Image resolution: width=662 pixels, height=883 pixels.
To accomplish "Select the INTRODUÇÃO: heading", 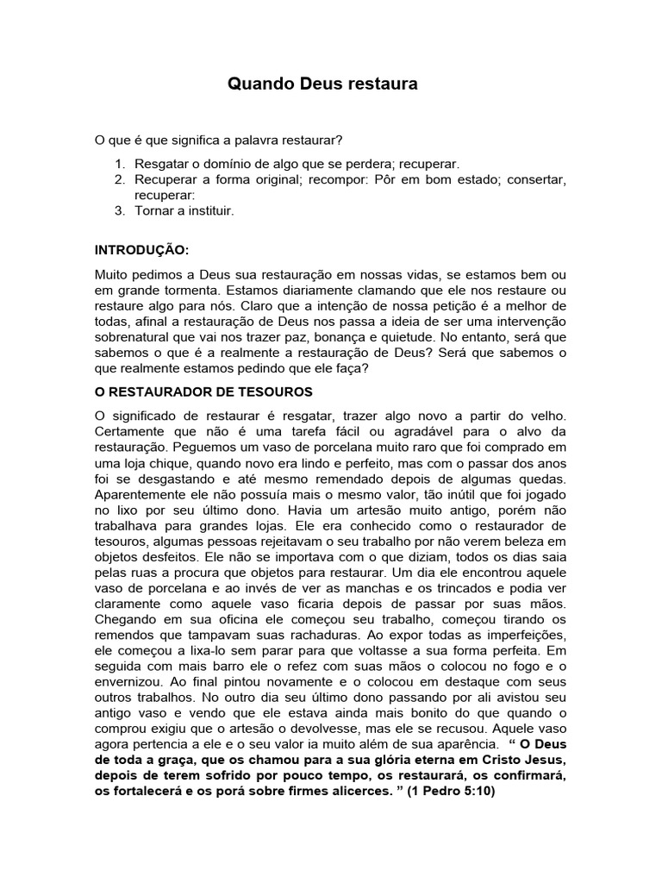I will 141,249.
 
